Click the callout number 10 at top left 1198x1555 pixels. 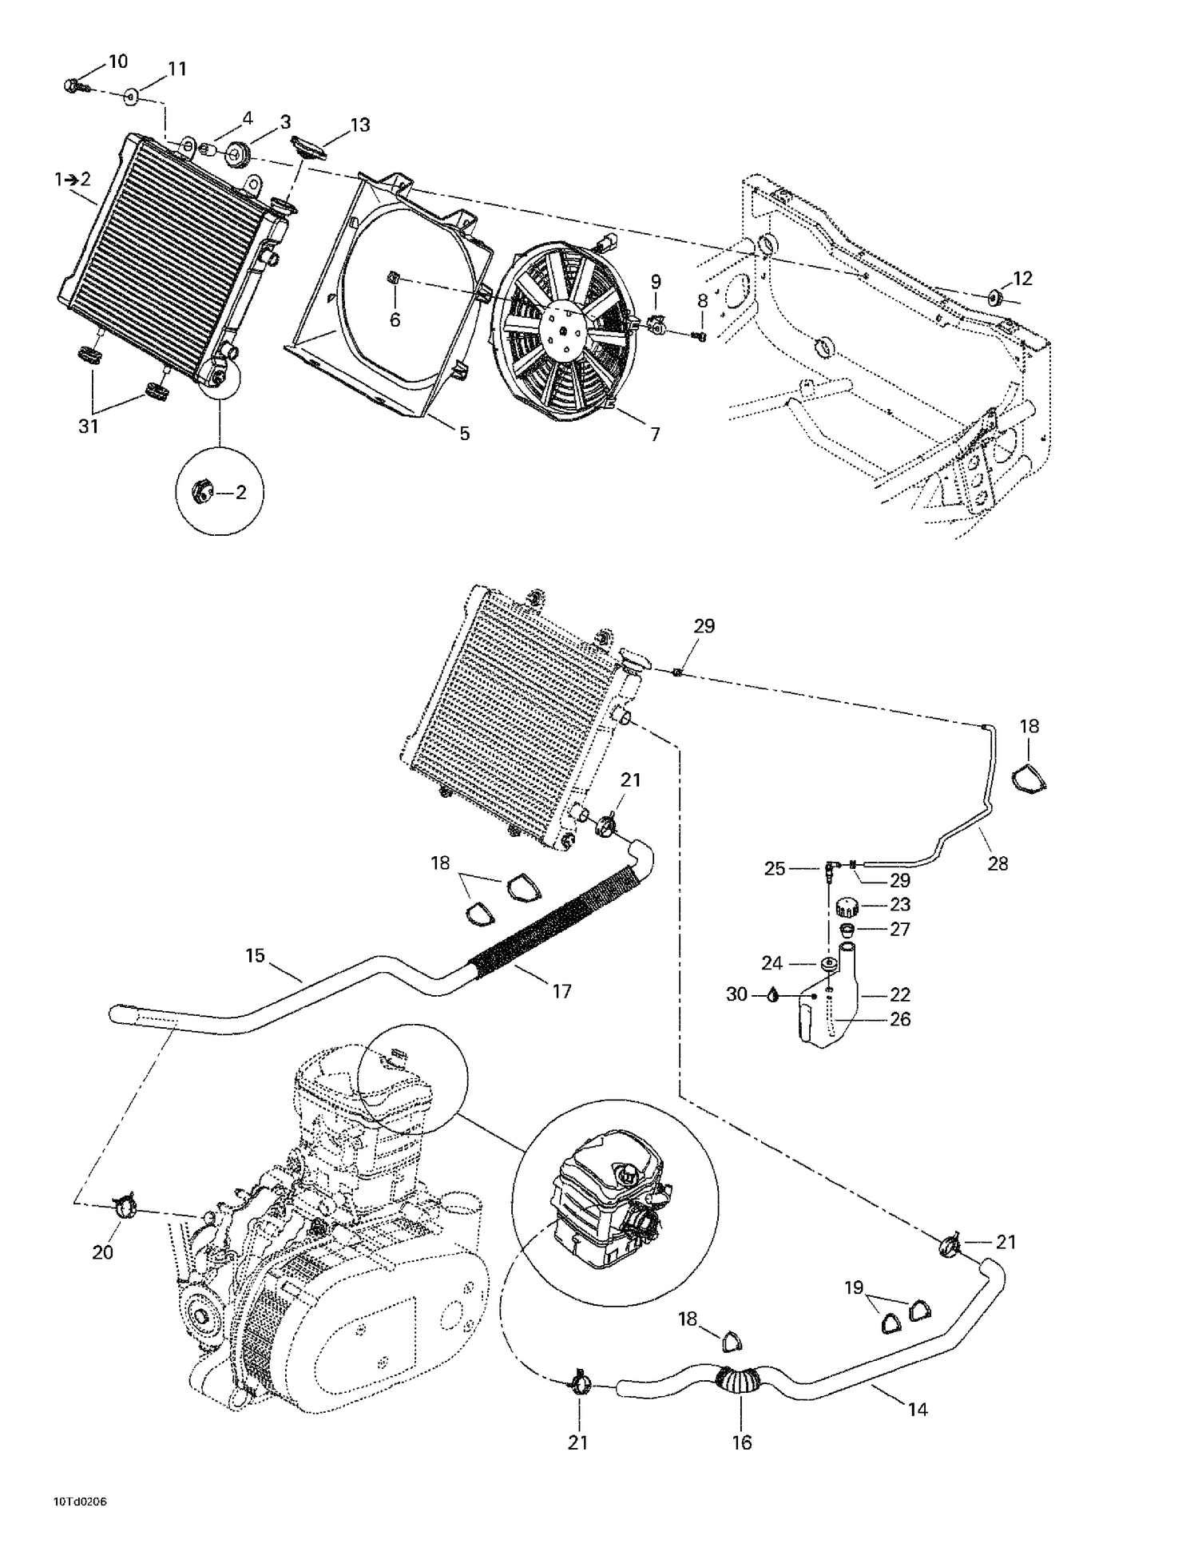coord(117,61)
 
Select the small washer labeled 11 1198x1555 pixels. coord(131,97)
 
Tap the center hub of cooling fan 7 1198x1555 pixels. coord(564,328)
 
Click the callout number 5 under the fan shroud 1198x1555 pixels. coord(464,434)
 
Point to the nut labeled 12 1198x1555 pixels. coord(995,299)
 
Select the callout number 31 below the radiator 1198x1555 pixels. coord(88,426)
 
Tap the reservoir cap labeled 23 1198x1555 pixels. coord(846,906)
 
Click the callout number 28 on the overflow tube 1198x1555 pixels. coord(998,863)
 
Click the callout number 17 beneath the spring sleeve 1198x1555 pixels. coord(561,991)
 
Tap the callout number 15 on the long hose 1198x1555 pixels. coord(255,955)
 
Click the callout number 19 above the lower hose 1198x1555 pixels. coord(854,1288)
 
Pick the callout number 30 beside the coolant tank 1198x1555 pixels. coord(736,994)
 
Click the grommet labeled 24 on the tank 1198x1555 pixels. coord(828,963)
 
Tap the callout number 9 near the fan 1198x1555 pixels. coord(656,281)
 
